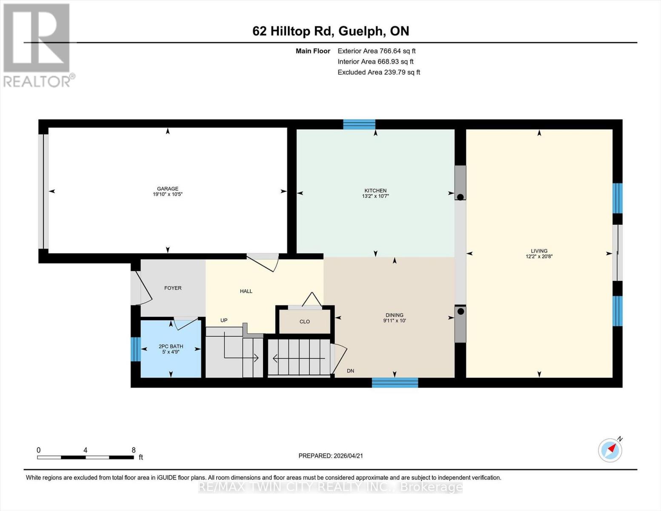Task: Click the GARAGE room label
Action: pos(167,189)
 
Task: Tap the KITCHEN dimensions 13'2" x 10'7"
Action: pos(375,196)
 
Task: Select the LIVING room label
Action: pos(539,251)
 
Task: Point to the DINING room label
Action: pos(395,315)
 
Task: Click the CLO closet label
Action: pos(305,322)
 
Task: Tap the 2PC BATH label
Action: pos(171,347)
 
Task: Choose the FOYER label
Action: pos(173,288)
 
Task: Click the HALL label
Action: pos(246,291)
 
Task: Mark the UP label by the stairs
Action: pos(224,320)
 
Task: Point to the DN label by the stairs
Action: pos(350,371)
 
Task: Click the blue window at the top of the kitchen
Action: pos(359,124)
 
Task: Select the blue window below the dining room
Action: pos(395,382)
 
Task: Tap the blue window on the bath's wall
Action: pos(135,349)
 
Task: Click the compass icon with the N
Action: pos(610,450)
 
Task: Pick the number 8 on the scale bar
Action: pos(134,450)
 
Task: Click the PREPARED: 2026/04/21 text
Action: pos(331,456)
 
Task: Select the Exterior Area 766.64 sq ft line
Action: pos(376,51)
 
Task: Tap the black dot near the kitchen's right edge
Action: pos(460,197)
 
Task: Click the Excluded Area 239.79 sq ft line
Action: pos(379,72)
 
